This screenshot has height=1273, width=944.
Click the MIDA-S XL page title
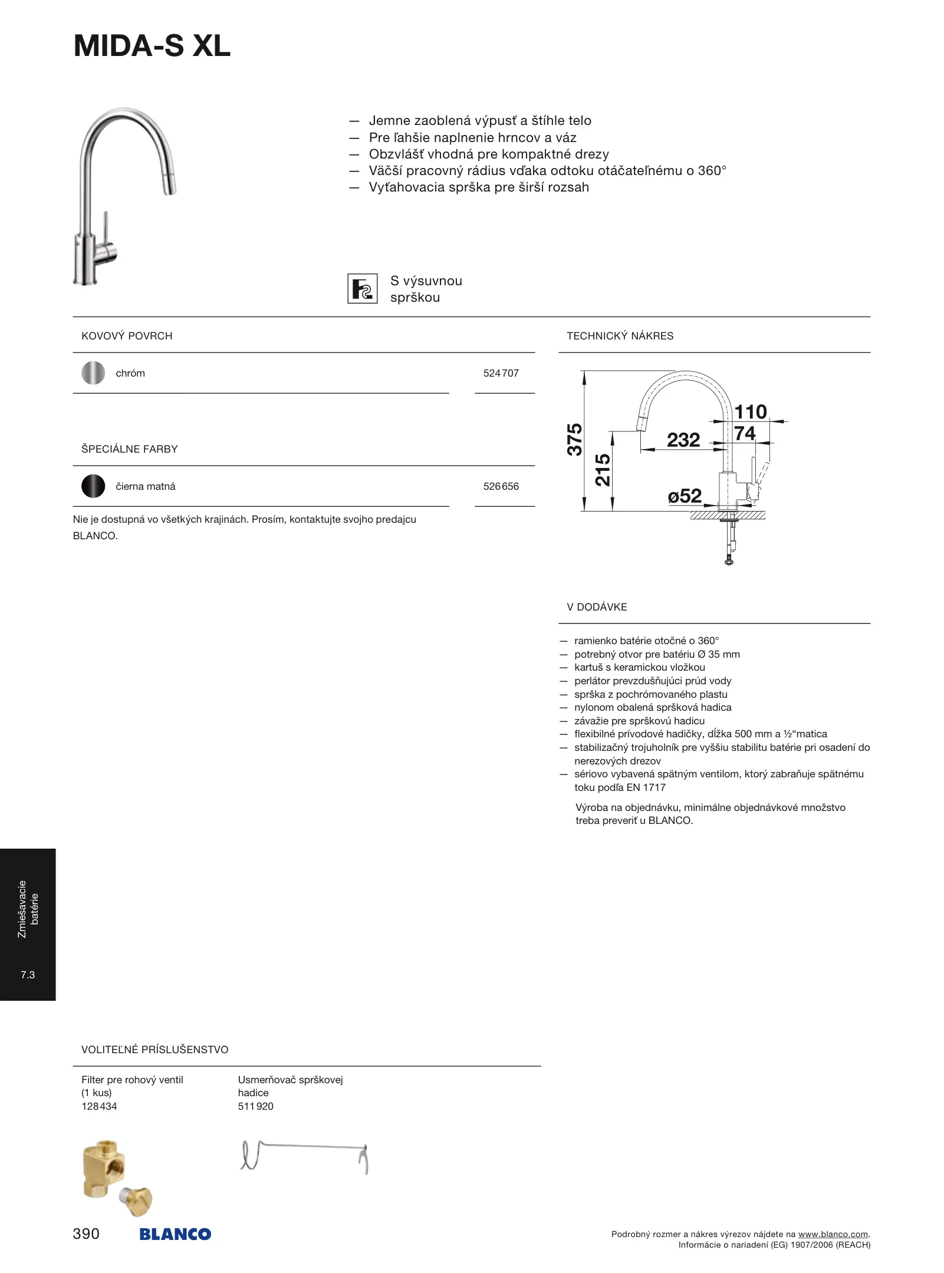click(152, 46)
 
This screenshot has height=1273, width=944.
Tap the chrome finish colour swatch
click(93, 373)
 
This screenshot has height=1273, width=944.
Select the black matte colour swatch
click(93, 486)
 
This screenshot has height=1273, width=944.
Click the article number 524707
click(501, 373)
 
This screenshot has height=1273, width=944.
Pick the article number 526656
click(501, 486)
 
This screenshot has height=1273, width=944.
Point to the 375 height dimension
click(574, 439)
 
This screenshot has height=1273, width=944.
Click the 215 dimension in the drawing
click(603, 470)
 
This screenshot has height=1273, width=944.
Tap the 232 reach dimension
click(683, 440)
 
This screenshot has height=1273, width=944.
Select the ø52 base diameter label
click(685, 496)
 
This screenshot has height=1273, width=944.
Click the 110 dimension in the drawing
click(750, 411)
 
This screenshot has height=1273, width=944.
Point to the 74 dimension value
click(745, 433)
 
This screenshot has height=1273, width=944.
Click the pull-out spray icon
click(362, 289)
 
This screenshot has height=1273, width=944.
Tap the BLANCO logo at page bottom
click(175, 1234)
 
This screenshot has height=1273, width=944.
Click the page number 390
click(86, 1234)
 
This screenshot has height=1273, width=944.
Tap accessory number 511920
click(255, 1106)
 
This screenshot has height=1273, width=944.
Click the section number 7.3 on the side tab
click(28, 975)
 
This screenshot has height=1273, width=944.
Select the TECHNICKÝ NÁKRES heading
click(620, 336)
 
